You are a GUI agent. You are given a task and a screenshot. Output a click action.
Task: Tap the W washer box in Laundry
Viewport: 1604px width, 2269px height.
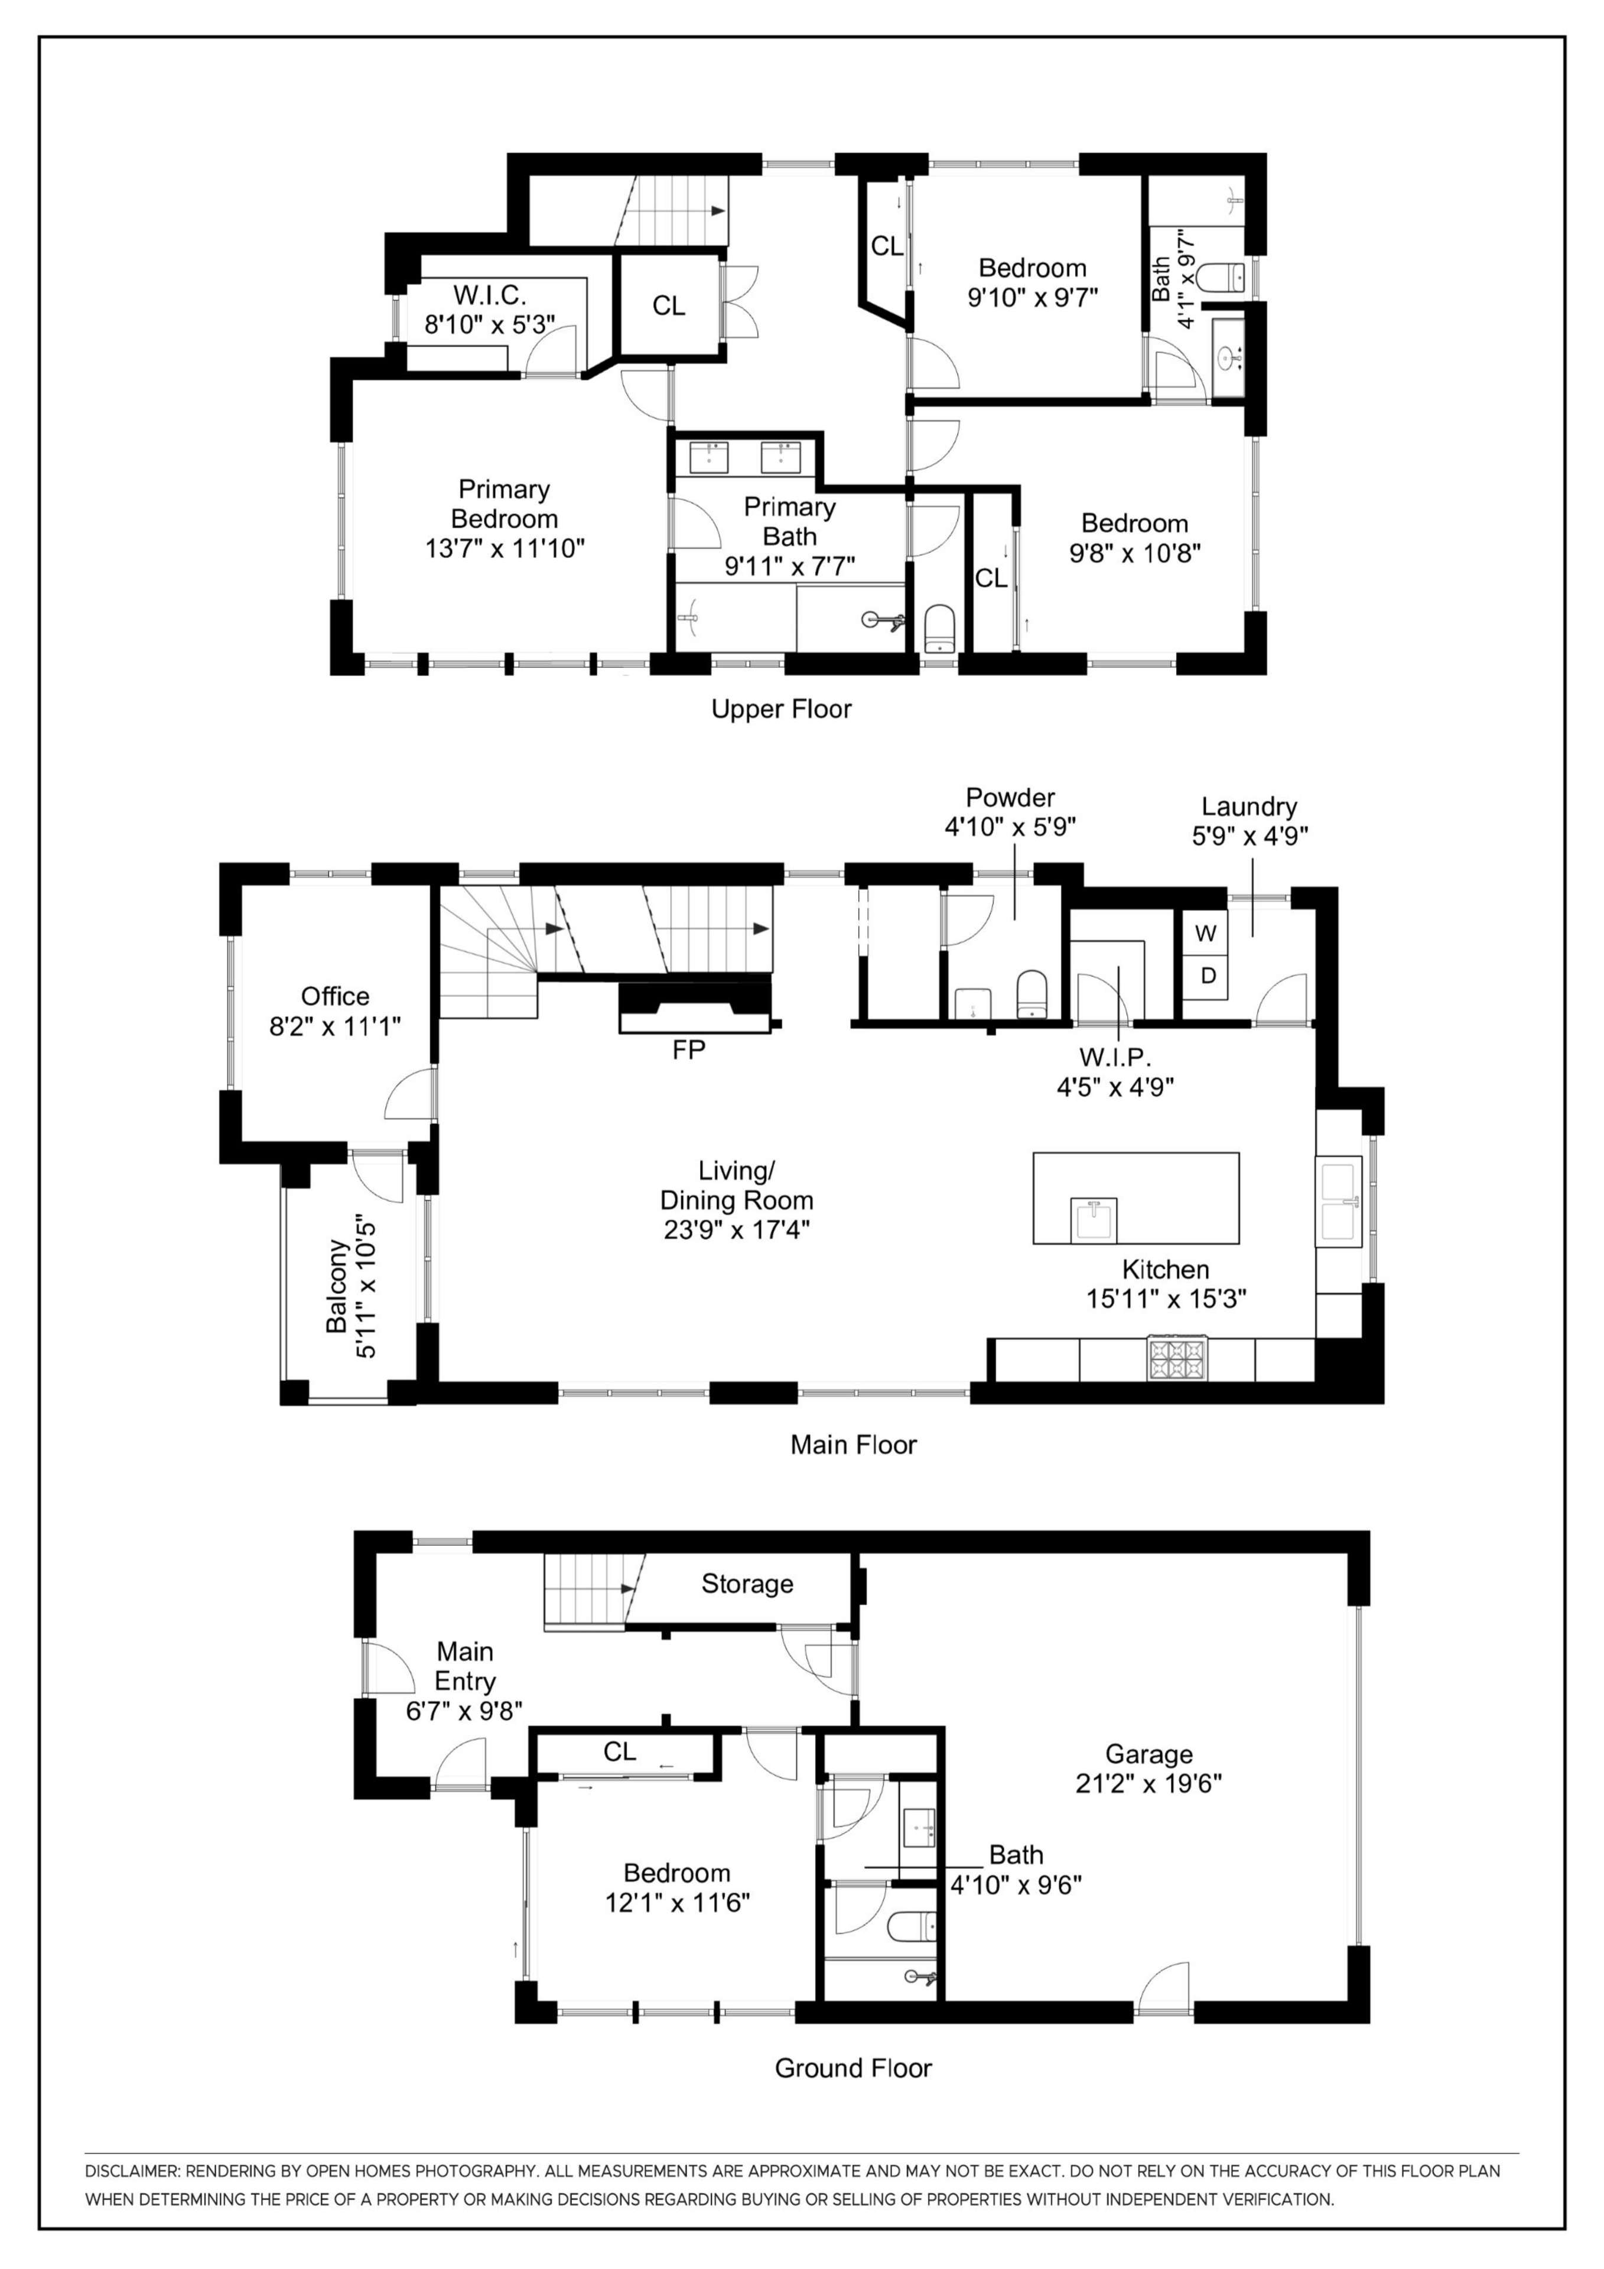click(x=1206, y=934)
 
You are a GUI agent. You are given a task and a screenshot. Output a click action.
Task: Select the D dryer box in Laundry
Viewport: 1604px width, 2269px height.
click(x=1207, y=976)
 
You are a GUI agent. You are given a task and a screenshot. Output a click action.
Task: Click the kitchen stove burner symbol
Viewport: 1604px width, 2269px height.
click(x=1176, y=1359)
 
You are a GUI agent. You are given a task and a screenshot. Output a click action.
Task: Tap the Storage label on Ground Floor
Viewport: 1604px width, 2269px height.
click(x=747, y=1584)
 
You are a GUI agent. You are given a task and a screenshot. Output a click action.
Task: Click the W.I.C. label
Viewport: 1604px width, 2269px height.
click(x=489, y=294)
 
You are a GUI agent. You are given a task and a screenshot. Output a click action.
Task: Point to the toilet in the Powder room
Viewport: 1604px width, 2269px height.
click(x=1031, y=992)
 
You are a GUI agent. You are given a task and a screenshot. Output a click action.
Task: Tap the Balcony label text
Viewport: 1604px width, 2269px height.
click(x=337, y=1286)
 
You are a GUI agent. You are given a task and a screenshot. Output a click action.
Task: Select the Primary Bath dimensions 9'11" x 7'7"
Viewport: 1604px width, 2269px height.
click(x=790, y=566)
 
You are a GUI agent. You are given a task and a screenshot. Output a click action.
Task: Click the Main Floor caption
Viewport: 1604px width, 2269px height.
click(x=853, y=1445)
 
